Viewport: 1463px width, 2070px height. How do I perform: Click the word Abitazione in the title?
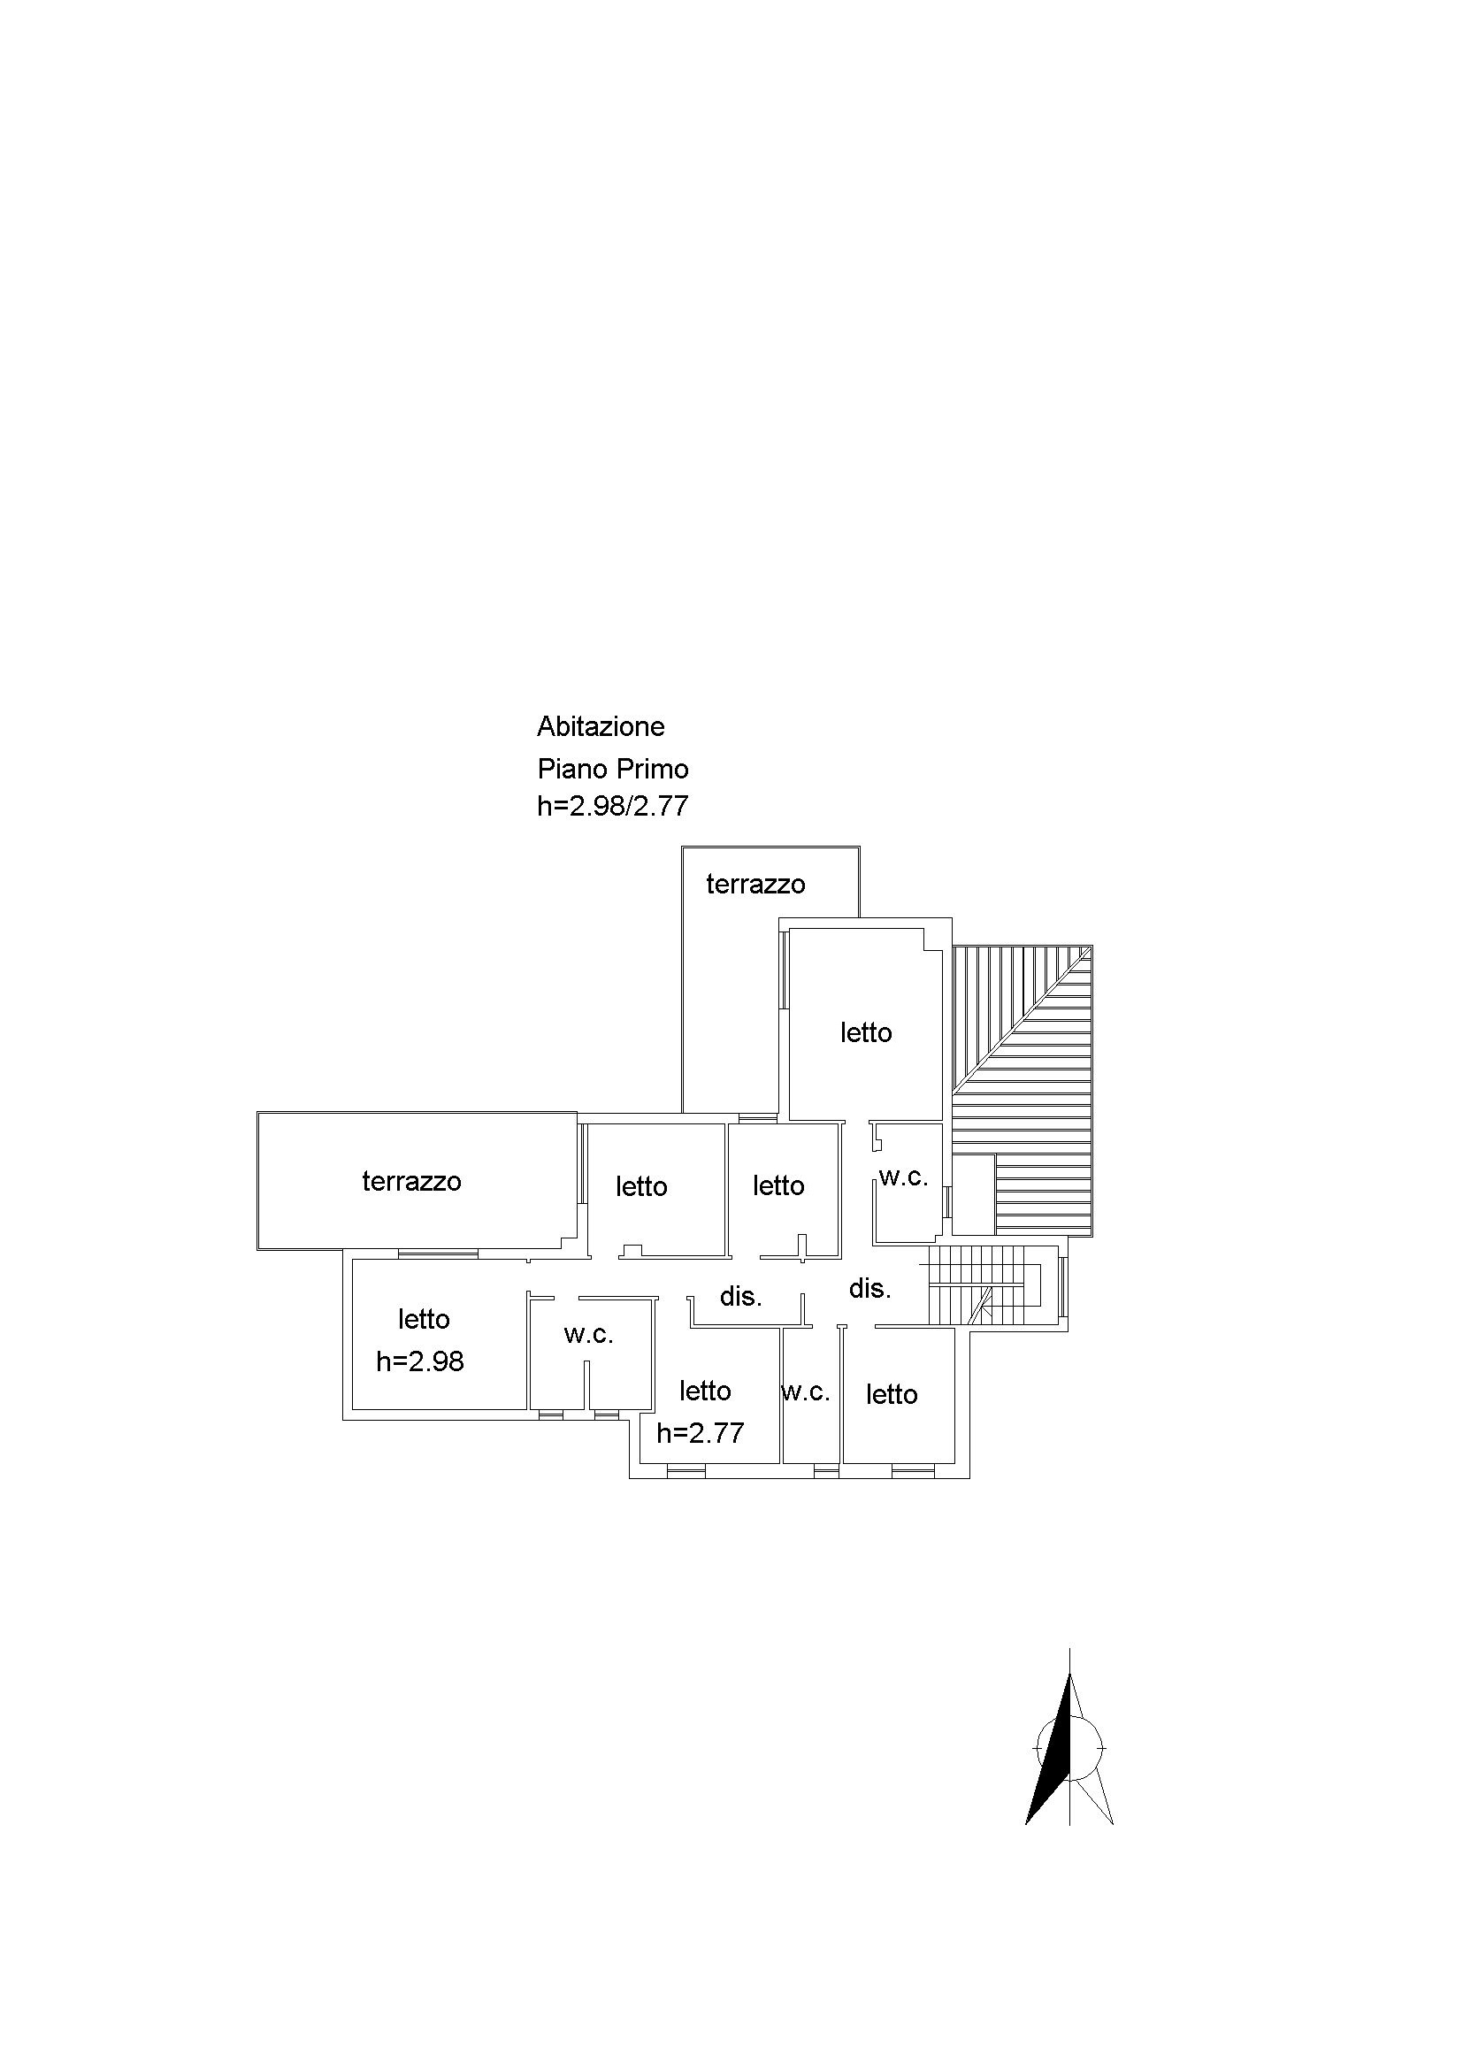point(601,725)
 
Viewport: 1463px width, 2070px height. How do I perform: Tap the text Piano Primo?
point(613,768)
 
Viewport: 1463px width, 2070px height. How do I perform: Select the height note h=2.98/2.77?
point(613,805)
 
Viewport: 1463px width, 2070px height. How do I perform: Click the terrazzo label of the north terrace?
point(755,885)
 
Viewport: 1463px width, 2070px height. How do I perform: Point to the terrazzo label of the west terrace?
point(412,1181)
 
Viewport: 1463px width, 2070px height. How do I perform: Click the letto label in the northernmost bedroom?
point(866,1032)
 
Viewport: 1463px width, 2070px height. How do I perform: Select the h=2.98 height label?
point(420,1361)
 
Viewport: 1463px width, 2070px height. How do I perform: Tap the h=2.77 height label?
point(701,1432)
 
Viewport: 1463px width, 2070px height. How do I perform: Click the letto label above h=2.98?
point(424,1319)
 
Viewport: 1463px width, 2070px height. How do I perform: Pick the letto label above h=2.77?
point(705,1391)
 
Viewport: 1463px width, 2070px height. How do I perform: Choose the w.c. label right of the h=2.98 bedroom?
point(588,1334)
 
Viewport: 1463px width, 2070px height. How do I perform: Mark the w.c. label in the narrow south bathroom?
point(806,1392)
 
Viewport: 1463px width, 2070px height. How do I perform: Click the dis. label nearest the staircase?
point(869,1288)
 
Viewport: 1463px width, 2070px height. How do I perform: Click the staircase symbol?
point(986,1286)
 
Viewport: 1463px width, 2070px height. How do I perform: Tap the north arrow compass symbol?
point(1070,1749)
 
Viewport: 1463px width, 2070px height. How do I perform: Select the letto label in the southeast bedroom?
point(892,1395)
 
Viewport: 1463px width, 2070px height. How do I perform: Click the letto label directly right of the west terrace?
point(642,1186)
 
